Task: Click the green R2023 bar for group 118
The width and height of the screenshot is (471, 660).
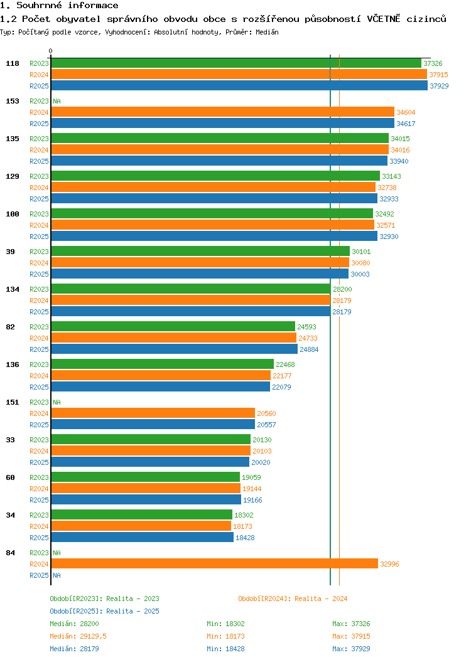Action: point(235,63)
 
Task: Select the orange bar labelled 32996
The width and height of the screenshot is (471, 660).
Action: point(214,564)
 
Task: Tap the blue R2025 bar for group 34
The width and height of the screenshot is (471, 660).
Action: point(142,538)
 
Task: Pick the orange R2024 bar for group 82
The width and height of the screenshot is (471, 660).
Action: point(173,338)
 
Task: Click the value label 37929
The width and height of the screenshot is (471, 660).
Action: point(439,86)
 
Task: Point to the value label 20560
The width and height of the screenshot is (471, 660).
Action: point(266,413)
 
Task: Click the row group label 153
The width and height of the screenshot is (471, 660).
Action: point(13,101)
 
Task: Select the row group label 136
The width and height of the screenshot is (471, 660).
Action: point(13,365)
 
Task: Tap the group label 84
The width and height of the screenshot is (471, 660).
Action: point(11,553)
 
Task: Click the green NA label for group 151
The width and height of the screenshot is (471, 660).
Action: point(57,402)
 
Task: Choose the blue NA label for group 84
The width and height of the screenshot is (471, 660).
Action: point(57,575)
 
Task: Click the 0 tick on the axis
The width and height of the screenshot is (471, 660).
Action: point(51,51)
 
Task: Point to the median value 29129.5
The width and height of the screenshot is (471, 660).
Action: point(89,636)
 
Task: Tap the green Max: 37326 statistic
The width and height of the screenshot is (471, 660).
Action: point(351,624)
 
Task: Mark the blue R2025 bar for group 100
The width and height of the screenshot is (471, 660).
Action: point(214,237)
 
